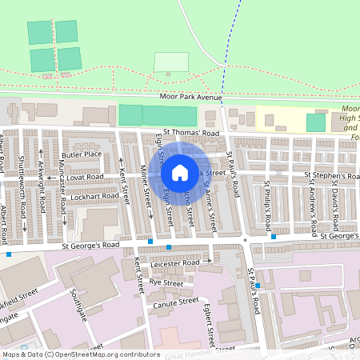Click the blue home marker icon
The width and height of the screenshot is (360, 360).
click(x=179, y=172)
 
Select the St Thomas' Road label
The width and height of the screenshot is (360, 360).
click(x=190, y=133)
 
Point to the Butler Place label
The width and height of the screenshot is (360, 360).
click(x=82, y=154)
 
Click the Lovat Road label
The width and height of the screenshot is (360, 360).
click(x=85, y=176)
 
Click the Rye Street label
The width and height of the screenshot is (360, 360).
click(x=166, y=282)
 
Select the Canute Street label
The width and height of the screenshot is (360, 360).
click(x=177, y=302)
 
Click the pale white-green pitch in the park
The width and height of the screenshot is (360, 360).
click(x=171, y=62)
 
